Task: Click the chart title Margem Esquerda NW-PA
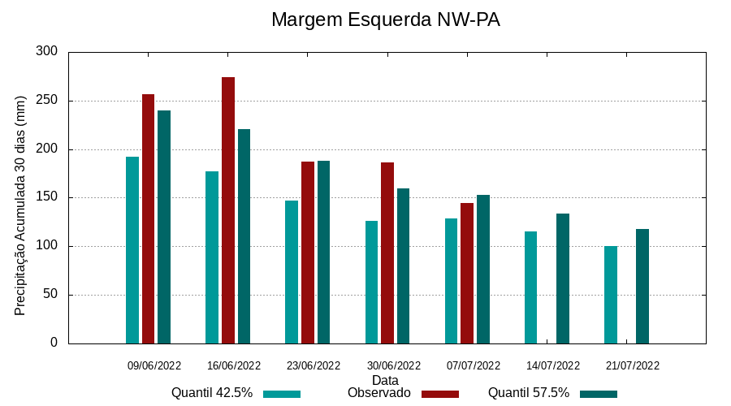[385, 19]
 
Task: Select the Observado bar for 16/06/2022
[228, 210]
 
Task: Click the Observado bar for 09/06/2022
[148, 219]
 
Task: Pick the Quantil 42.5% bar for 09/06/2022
[132, 250]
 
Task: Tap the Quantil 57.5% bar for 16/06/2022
[244, 236]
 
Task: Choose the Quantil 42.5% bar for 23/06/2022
[292, 272]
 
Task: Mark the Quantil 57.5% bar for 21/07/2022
[642, 287]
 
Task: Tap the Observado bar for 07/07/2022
[467, 273]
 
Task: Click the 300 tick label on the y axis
[47, 52]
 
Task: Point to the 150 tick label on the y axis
[47, 197]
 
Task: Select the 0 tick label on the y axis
[54, 343]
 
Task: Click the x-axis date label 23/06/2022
[314, 365]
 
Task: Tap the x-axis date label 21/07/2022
[633, 365]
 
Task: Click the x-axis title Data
[385, 380]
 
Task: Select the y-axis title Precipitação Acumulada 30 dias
[21, 205]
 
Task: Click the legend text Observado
[379, 393]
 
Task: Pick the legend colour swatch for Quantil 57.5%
[599, 394]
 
